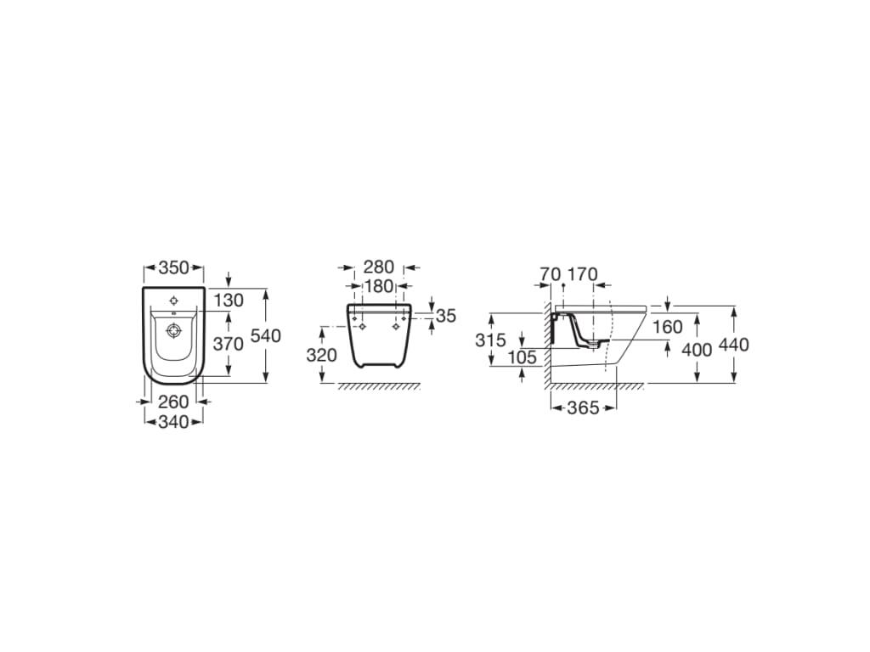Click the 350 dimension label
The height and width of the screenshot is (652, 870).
tap(173, 267)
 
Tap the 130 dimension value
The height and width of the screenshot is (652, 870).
tap(229, 301)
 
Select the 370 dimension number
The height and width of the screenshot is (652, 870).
tap(228, 345)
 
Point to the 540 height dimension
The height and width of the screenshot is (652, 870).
tap(266, 335)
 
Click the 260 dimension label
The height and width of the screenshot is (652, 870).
tap(173, 402)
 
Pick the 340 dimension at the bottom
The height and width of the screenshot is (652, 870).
tap(173, 422)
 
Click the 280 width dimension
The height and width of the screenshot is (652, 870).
tap(378, 267)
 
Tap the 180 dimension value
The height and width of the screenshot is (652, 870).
tap(378, 286)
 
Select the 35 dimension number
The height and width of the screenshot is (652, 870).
tap(445, 316)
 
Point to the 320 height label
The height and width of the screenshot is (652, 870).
tap(321, 355)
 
